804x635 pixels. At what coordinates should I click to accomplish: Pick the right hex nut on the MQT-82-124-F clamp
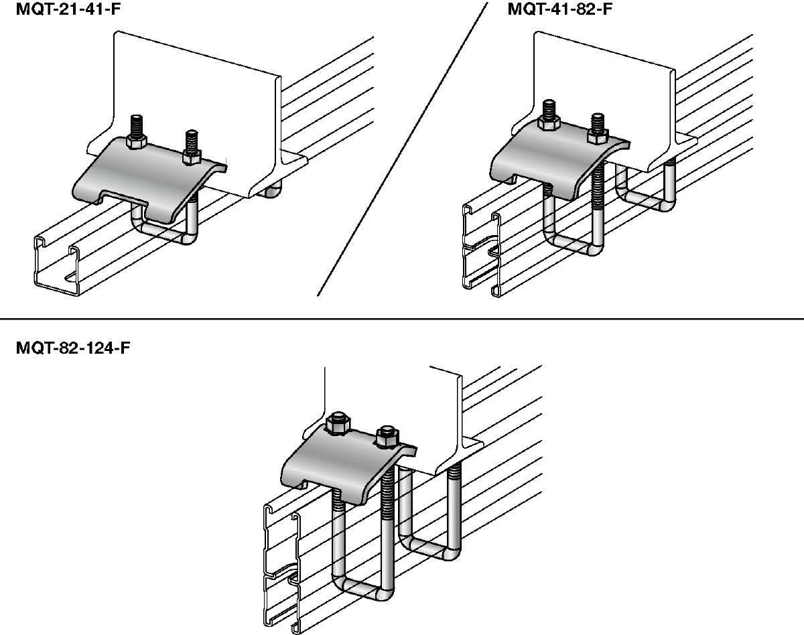(x=386, y=439)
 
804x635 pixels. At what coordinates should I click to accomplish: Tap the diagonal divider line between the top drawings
(x=402, y=147)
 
